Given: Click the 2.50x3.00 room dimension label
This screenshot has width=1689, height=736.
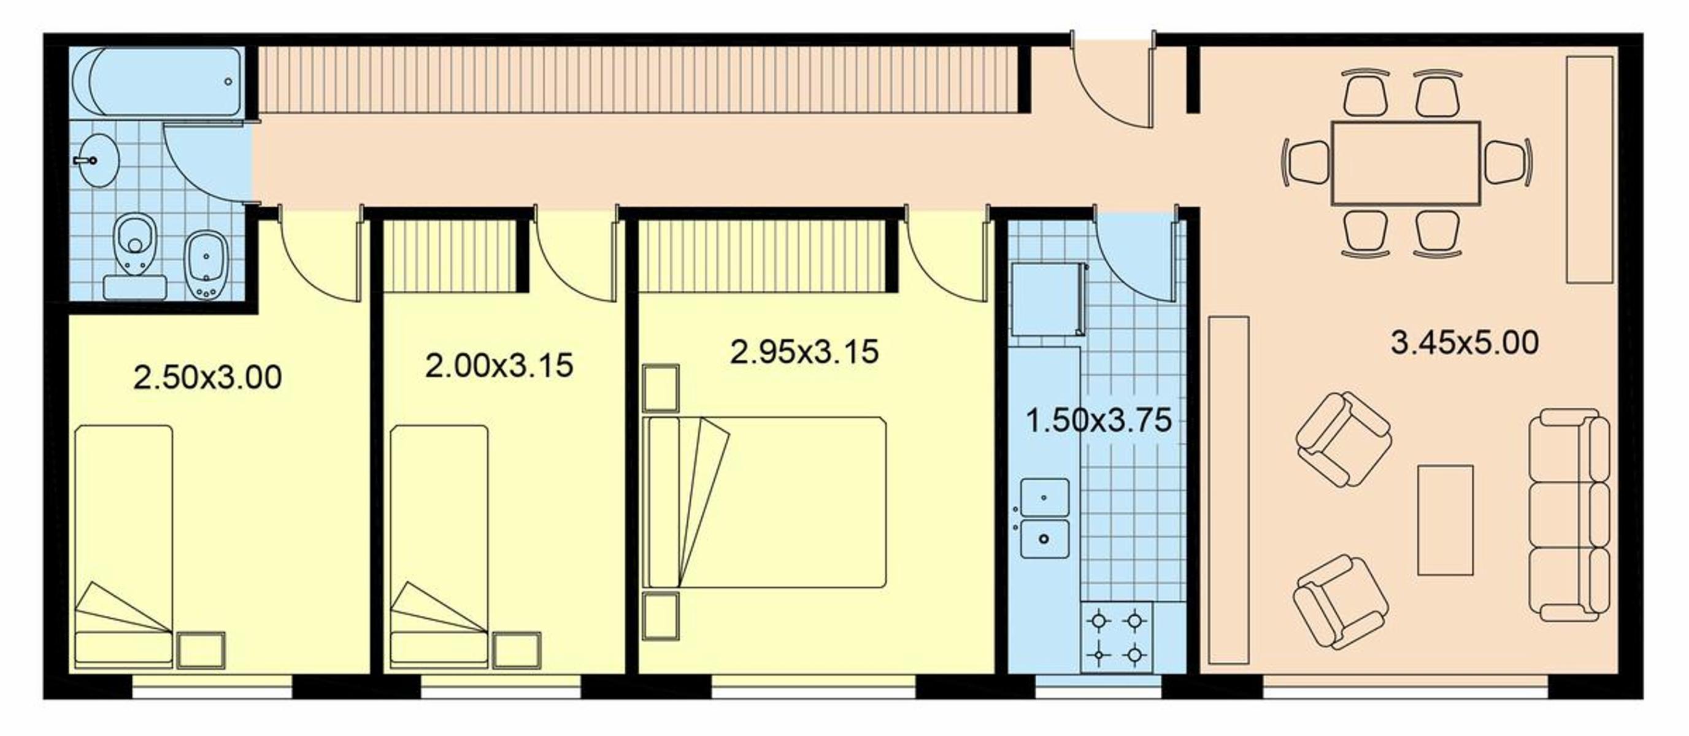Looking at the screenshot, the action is click(207, 377).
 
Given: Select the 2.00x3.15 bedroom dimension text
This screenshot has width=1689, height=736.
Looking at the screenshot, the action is click(499, 365).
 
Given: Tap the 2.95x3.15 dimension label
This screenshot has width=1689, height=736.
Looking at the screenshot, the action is click(804, 351).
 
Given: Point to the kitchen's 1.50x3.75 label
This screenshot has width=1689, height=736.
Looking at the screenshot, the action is click(1098, 420).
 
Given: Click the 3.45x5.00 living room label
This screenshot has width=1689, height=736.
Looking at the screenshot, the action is click(1465, 343).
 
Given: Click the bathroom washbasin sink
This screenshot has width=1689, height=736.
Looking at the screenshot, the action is click(96, 160).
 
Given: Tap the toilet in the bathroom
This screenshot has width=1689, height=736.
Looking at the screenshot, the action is click(135, 256).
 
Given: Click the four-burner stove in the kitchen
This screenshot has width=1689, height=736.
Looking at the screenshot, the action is click(1115, 638).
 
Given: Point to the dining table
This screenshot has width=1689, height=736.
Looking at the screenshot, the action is click(1405, 163).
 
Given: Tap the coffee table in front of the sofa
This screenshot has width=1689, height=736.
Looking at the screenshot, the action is click(1446, 519).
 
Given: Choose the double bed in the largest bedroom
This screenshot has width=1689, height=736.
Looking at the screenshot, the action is click(764, 502).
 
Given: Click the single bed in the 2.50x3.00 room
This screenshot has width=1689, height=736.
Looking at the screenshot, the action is click(124, 546).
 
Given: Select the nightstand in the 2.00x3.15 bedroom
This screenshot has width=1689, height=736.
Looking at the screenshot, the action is click(517, 650).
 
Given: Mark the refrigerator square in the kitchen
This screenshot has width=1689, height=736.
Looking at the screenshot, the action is click(1048, 299).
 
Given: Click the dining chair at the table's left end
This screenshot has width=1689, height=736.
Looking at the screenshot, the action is click(1307, 163).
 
